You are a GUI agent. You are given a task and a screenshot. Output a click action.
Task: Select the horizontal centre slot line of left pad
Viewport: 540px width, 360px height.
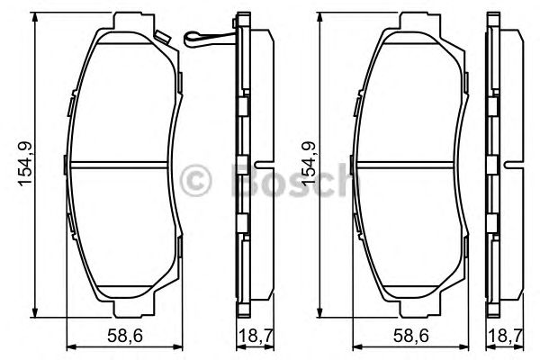(120, 165)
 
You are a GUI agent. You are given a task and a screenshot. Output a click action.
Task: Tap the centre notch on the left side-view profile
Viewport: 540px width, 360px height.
(259, 165)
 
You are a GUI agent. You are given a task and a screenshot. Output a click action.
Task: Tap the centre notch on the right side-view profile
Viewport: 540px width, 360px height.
(512, 165)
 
